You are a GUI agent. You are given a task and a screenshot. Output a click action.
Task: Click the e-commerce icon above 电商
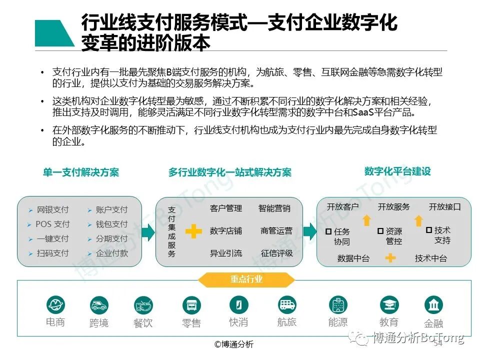point(55,304)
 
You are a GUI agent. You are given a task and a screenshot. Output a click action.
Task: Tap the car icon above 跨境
point(99,304)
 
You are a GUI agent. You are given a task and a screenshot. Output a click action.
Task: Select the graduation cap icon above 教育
point(389,304)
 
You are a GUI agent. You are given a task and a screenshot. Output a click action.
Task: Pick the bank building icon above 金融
point(433,304)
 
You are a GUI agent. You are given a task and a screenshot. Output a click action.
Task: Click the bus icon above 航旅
point(287,304)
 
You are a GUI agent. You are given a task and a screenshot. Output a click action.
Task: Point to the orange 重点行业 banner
point(246,279)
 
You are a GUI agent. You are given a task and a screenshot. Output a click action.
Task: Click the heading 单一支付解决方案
point(81,172)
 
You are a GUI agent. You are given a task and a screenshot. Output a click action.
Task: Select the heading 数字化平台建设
point(397,171)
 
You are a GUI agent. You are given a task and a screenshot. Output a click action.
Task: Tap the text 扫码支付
point(52,253)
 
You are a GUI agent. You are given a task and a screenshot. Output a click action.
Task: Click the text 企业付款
point(111,253)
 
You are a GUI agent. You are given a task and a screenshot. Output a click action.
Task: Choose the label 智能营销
point(274,208)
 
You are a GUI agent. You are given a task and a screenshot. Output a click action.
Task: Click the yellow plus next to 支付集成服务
point(193,231)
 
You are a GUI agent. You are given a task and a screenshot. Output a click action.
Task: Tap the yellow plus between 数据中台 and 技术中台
point(390,258)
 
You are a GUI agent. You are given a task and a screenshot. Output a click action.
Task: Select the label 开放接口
point(444,207)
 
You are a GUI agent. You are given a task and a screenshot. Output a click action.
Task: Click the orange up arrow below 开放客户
point(366,220)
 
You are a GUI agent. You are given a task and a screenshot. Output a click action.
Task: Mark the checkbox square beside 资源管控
point(380,231)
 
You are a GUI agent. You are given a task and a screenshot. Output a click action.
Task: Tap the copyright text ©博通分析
point(234,344)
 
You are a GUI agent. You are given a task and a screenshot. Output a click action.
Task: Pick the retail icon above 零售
point(191,304)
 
